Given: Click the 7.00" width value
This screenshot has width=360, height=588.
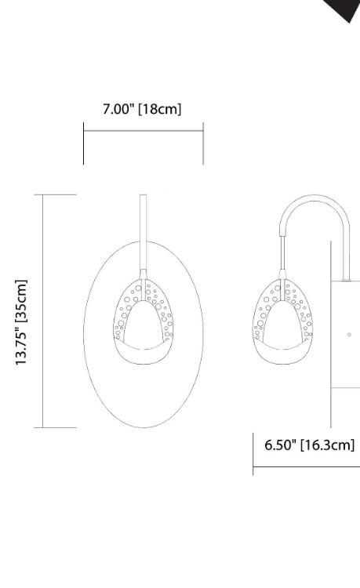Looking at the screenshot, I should tap(118, 109).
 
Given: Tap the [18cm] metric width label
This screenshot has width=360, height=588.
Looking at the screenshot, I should tap(160, 109).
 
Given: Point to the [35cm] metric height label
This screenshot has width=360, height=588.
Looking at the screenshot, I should tap(22, 300).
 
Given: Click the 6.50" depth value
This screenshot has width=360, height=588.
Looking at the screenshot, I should tap(280, 445).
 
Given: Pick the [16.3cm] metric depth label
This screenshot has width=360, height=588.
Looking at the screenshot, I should tap(327, 445).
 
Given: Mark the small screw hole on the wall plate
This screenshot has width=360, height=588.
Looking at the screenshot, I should tap(349, 334).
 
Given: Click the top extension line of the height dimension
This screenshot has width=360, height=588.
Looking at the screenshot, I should tap(56, 194).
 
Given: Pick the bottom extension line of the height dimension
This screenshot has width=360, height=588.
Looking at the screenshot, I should tap(56, 427).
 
